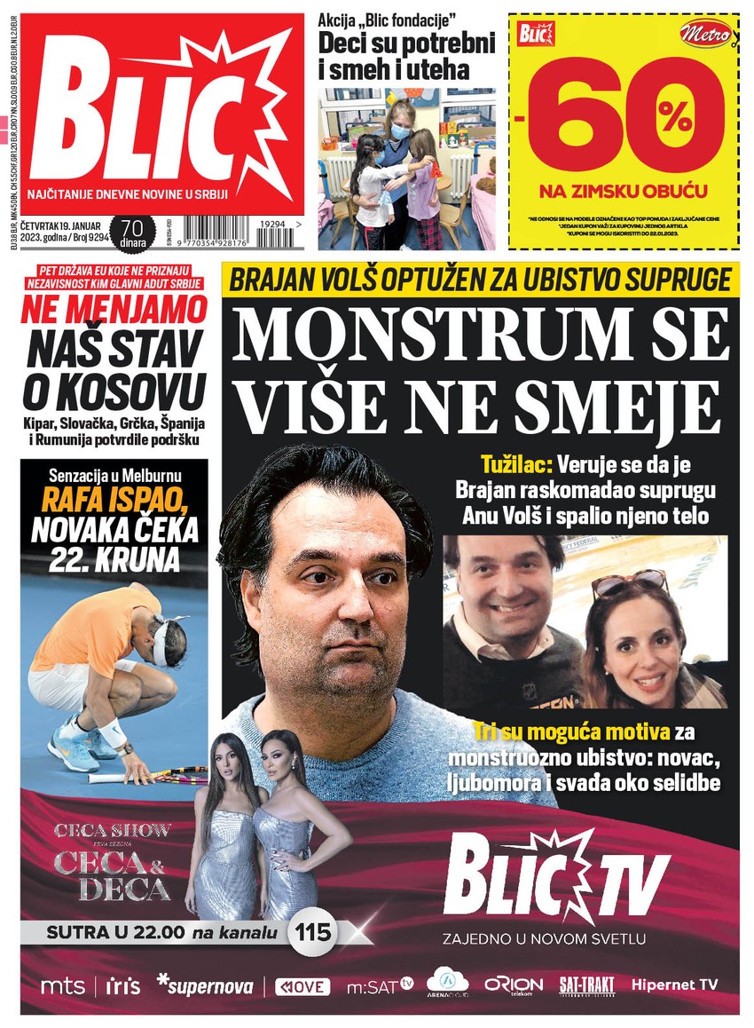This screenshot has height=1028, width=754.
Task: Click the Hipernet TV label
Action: pos(674,985)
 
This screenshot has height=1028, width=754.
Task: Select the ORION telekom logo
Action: pos(513,985)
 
